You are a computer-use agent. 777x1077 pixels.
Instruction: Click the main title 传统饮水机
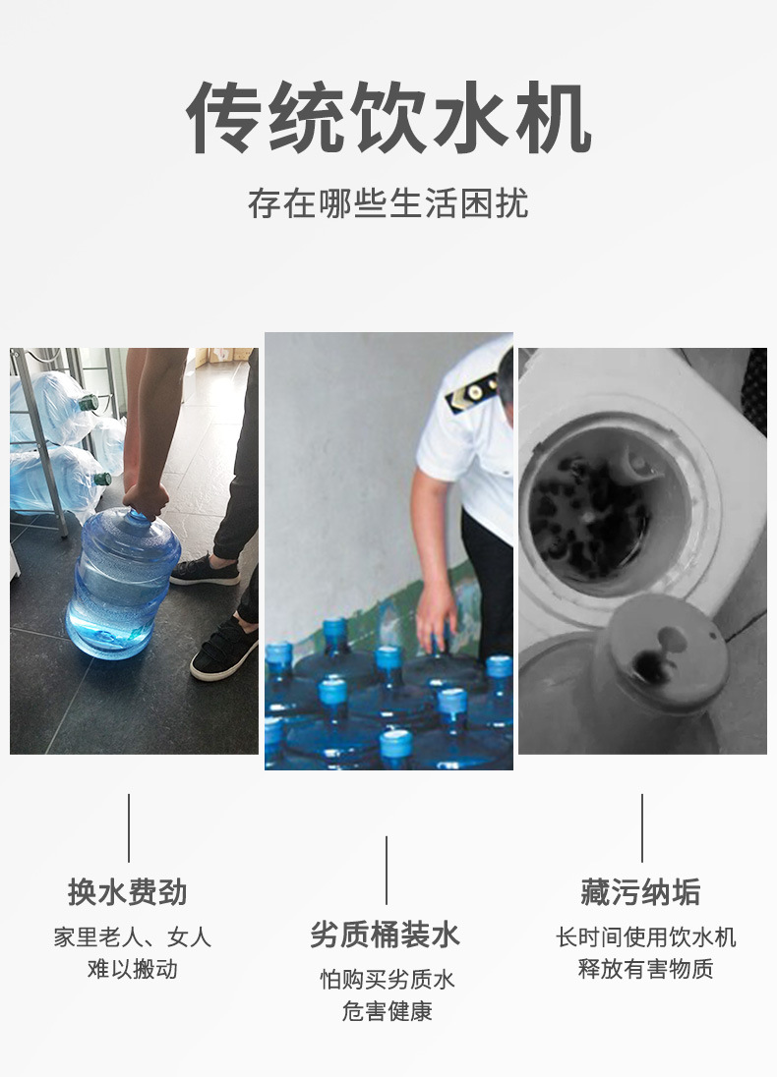click(388, 118)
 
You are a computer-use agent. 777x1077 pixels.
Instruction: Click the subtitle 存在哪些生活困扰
click(388, 203)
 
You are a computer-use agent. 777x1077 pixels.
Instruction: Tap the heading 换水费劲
click(128, 892)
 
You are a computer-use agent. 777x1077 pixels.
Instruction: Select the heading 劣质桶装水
click(386, 935)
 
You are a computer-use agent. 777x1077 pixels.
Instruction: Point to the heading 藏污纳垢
click(641, 892)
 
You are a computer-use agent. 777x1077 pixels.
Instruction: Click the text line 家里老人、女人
click(132, 937)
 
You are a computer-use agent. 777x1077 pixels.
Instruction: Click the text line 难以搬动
click(132, 969)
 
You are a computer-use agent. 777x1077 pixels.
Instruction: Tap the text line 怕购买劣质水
click(387, 980)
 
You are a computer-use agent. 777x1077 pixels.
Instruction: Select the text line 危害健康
click(387, 1011)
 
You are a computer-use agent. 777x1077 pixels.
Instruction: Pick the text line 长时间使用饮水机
click(645, 937)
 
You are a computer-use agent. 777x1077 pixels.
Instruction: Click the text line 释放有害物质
click(645, 969)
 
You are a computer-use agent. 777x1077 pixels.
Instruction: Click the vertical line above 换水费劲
click(129, 827)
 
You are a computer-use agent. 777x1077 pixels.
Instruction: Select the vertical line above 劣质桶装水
click(387, 870)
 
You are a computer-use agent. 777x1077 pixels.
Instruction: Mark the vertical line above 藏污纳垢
click(642, 827)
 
